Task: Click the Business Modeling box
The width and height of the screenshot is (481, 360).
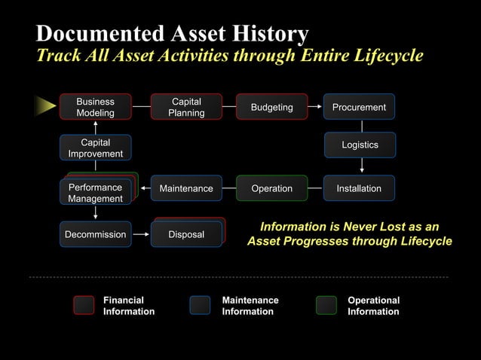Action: click(x=95, y=108)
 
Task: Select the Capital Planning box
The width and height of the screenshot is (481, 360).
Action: click(x=186, y=108)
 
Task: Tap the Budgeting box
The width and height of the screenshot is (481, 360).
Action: click(x=271, y=108)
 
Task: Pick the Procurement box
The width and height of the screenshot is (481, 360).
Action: click(x=359, y=108)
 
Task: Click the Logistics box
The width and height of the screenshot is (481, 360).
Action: click(x=360, y=145)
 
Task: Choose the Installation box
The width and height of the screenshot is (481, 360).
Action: click(x=359, y=189)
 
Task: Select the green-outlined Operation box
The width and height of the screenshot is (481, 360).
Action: click(x=271, y=189)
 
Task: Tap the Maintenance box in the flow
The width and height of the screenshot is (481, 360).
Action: click(x=186, y=189)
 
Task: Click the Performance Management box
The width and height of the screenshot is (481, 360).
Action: click(x=95, y=193)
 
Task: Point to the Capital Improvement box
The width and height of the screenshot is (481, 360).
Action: click(x=95, y=148)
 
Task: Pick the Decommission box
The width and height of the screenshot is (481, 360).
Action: click(x=95, y=235)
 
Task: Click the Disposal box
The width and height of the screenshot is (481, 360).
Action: click(x=186, y=235)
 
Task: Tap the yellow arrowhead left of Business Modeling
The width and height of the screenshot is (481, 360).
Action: click(x=45, y=108)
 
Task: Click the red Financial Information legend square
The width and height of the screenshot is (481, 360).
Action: click(x=84, y=305)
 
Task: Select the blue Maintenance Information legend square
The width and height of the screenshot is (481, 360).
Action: click(x=200, y=305)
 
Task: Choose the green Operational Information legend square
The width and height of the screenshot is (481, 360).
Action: click(x=326, y=305)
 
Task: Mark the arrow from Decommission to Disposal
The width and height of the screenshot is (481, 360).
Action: click(x=141, y=235)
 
